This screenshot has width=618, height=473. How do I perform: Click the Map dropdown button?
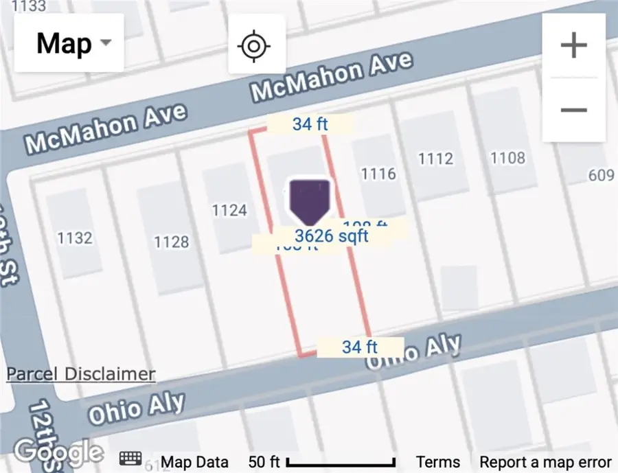click(69, 43)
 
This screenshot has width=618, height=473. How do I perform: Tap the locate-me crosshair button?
click(253, 46)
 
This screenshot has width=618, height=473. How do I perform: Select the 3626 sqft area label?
click(332, 236)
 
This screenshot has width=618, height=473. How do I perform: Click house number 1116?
click(378, 173)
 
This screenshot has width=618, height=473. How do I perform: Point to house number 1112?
click(435, 159)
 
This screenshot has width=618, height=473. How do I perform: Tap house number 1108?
click(507, 158)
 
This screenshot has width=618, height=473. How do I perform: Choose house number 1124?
click(229, 210)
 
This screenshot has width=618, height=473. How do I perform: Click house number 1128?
click(171, 242)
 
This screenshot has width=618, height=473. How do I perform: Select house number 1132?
click(75, 238)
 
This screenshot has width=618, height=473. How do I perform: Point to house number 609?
click(602, 176)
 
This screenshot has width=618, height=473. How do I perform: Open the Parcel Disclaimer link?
click(80, 374)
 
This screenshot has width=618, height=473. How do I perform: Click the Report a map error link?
click(545, 462)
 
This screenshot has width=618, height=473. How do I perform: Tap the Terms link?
click(439, 462)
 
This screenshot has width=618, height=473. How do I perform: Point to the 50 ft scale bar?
click(340, 462)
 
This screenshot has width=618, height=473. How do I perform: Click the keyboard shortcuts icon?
click(131, 459)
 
